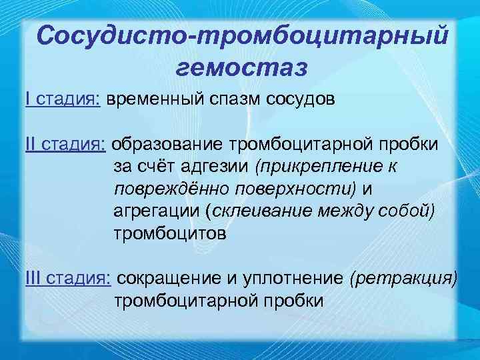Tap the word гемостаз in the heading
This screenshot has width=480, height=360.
coord(241,66)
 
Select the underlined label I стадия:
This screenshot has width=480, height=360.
coord(63,99)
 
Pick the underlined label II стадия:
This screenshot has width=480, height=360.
coord(66,145)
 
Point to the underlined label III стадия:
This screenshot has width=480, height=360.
coord(69,277)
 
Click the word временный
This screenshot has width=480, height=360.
coord(157,99)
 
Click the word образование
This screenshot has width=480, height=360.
coord(167,145)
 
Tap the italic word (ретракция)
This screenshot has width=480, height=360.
coord(403,277)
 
